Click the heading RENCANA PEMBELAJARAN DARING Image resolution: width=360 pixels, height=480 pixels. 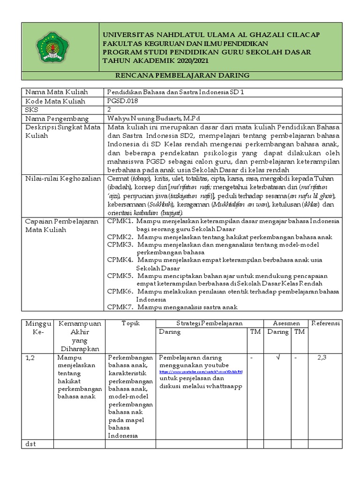pos(182,75)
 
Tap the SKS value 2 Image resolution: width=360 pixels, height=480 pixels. pos(109,109)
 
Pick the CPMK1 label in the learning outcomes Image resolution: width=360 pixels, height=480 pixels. pos(120,221)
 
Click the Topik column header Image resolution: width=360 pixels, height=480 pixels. pos(131,323)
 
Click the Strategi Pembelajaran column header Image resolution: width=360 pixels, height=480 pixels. pos(209,323)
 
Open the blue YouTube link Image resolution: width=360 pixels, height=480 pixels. pos(201,372)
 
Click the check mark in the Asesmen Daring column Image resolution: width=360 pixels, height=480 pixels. pos(278,358)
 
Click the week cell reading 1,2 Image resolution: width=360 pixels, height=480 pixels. pos(30,358)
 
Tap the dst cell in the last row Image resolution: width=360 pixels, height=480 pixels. pos(30,443)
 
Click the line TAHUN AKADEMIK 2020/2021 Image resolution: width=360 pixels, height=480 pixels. pos(156,61)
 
